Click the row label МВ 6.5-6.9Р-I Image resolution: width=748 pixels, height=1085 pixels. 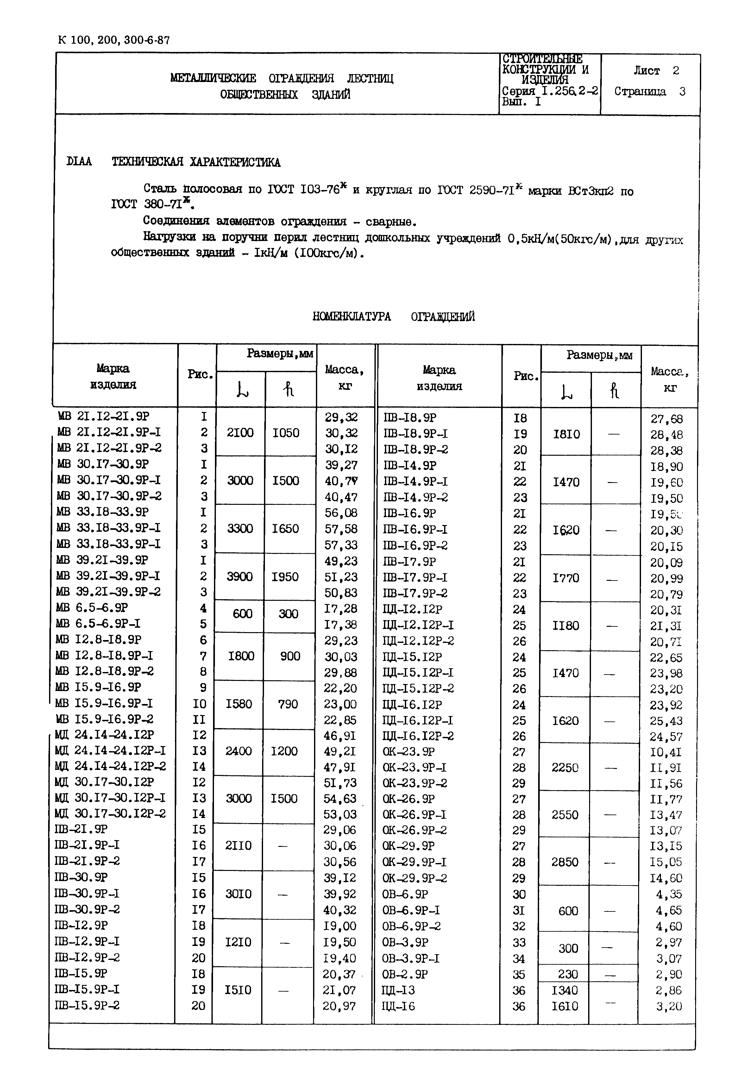[x=98, y=624]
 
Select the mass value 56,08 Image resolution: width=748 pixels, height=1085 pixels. [x=341, y=512]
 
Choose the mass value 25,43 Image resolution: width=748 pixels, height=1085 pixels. [x=665, y=721]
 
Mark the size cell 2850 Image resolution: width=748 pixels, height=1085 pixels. [x=564, y=862]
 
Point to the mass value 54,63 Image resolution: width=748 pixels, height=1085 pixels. [x=340, y=798]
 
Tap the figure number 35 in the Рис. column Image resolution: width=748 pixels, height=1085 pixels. [x=519, y=974]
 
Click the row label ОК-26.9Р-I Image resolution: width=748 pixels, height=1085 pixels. [x=414, y=815]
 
